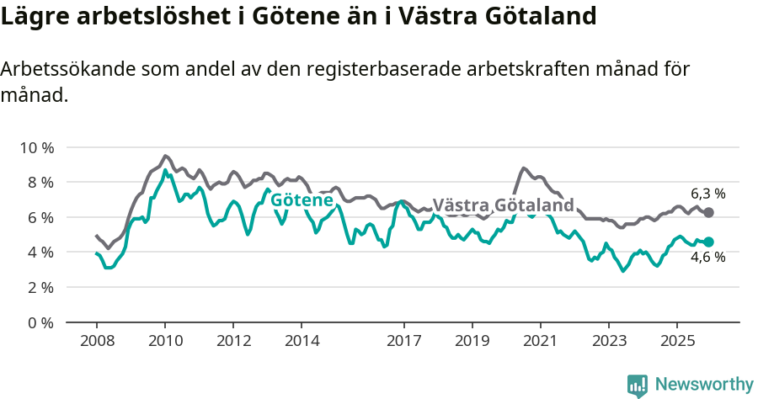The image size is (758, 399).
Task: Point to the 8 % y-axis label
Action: pos(38,183)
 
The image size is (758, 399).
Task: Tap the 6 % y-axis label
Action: pos(38,217)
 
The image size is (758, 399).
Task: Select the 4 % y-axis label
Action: pos(38,253)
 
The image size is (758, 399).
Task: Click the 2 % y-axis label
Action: pos(38,287)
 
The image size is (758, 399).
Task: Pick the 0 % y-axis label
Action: pos(38,322)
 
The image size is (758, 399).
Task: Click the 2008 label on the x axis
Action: pos(97,342)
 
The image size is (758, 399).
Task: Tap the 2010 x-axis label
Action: pos(165,342)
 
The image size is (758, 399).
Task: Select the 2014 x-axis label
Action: pos(302,342)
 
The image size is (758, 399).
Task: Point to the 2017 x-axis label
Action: pos(403,342)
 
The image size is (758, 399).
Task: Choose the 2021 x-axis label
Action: pos(540,342)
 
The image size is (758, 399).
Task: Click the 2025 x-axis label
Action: pos(676,342)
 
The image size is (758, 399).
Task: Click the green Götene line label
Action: pos(302,200)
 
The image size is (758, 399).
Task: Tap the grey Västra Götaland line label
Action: pos(503,205)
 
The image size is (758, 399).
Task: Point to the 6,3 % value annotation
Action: pos(707,193)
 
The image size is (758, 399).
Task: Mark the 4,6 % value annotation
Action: pos(707,258)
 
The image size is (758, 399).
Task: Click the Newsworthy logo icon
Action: pos(638,385)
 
